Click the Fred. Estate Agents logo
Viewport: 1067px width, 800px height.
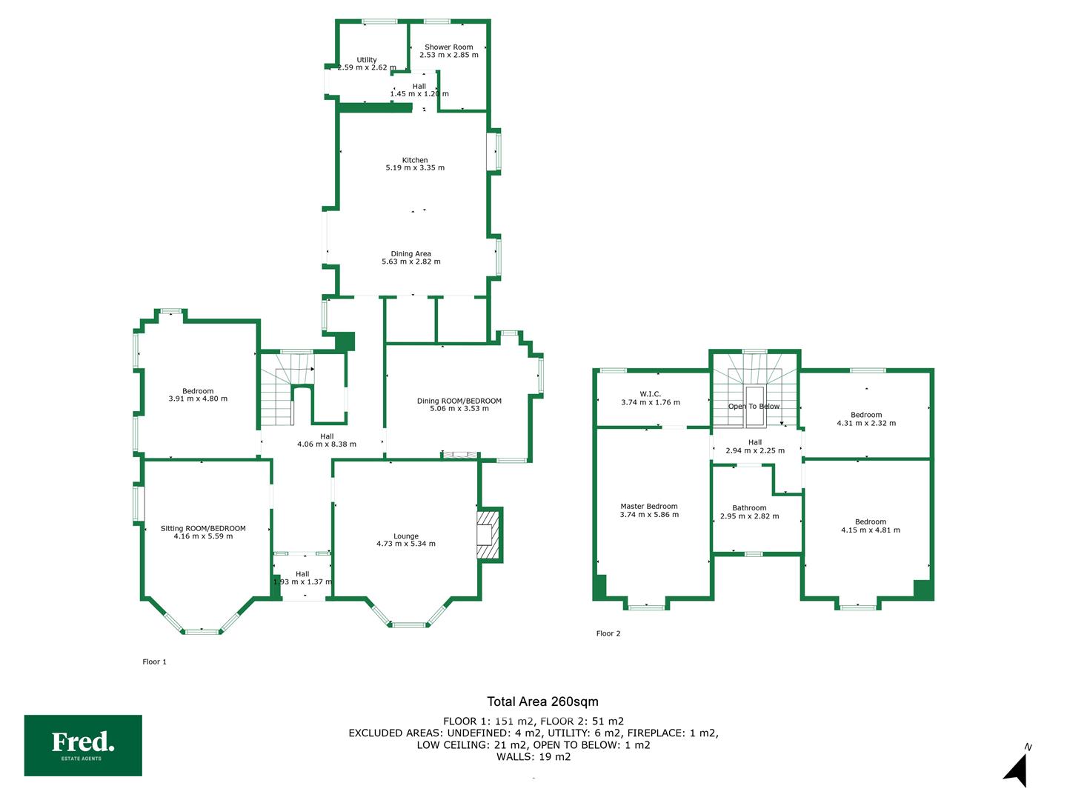(x=83, y=744)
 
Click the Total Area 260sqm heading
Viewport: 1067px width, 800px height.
(x=542, y=701)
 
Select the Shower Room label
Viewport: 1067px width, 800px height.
(x=449, y=47)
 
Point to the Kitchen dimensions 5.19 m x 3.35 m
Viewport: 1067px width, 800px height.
(x=415, y=167)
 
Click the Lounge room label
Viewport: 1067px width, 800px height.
(x=406, y=536)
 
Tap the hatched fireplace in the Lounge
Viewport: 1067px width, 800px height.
(x=488, y=535)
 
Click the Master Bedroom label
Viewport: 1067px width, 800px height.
(x=649, y=506)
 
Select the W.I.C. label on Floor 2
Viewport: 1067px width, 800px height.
(x=651, y=394)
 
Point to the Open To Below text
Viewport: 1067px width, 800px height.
(x=754, y=406)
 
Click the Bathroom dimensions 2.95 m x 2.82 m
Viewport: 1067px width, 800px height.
(x=750, y=516)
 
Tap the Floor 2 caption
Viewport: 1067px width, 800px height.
(x=608, y=633)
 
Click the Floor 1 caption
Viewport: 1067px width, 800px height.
(x=155, y=661)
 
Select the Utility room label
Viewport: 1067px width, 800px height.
(x=367, y=60)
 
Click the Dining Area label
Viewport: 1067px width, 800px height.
(x=410, y=253)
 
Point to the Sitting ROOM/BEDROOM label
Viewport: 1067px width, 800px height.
(x=203, y=528)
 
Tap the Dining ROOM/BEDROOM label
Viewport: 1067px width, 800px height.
(x=459, y=401)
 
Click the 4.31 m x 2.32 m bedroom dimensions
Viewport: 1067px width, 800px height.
(x=866, y=423)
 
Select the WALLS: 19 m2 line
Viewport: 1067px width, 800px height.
(x=533, y=756)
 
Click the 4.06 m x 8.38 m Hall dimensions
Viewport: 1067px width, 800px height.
(x=327, y=444)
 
